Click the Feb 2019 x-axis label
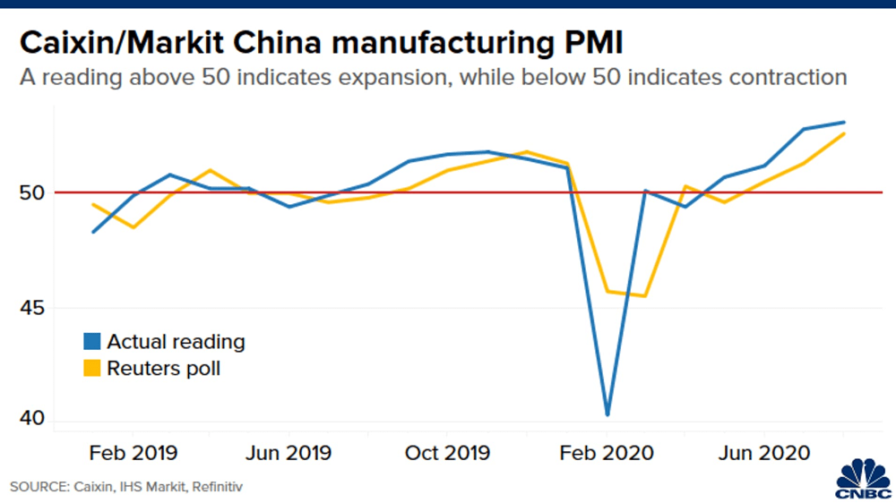[x=133, y=453]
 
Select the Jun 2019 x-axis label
[x=289, y=453]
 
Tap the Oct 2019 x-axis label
[x=446, y=453]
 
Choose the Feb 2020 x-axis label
[x=607, y=453]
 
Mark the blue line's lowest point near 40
[x=607, y=414]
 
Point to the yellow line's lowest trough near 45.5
[x=644, y=296]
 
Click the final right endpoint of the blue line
[x=845, y=122]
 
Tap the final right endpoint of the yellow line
[x=845, y=133]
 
